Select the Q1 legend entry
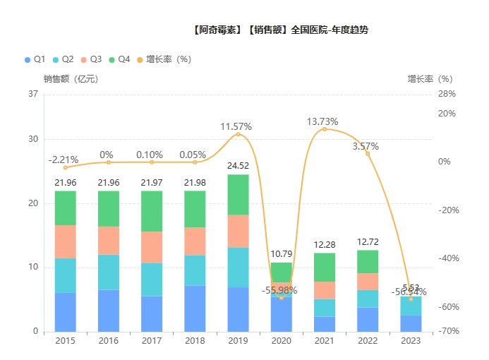(35, 59)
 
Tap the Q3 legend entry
(91, 59)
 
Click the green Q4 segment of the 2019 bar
(238, 194)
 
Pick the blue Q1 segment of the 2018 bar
(195, 308)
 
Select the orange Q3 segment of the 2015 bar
(65, 241)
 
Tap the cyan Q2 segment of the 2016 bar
(108, 272)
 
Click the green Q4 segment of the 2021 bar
(325, 267)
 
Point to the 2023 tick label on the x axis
(411, 341)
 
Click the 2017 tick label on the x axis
(152, 341)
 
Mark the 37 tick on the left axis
(33, 94)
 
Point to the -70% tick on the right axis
(448, 331)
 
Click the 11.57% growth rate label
(236, 126)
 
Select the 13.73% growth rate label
(322, 121)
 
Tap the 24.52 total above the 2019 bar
(238, 166)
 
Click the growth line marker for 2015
(65, 167)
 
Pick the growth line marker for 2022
(368, 153)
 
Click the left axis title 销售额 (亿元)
(71, 79)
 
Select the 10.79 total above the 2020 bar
(282, 253)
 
